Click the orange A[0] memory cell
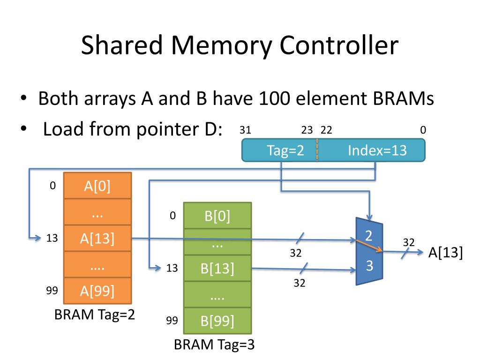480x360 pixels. click(x=97, y=186)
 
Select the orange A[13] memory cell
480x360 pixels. click(x=97, y=238)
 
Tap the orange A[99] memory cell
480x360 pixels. click(x=97, y=291)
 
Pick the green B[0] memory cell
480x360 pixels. click(x=217, y=216)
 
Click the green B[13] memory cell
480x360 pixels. click(x=217, y=268)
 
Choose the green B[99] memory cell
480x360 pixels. click(x=217, y=321)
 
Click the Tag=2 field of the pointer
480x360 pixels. click(x=279, y=150)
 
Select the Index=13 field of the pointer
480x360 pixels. click(x=371, y=150)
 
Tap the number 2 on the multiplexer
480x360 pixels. click(x=368, y=236)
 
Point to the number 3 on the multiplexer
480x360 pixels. click(x=369, y=265)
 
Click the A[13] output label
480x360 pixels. click(x=445, y=253)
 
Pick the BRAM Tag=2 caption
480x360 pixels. click(x=95, y=315)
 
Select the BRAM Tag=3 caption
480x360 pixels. click(x=214, y=345)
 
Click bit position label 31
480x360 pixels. click(x=245, y=130)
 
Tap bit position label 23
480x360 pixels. click(x=307, y=130)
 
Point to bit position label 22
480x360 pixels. click(x=326, y=130)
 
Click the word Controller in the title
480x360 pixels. click(x=339, y=45)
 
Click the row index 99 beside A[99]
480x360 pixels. click(x=52, y=290)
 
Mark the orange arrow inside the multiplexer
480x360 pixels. click(x=369, y=246)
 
